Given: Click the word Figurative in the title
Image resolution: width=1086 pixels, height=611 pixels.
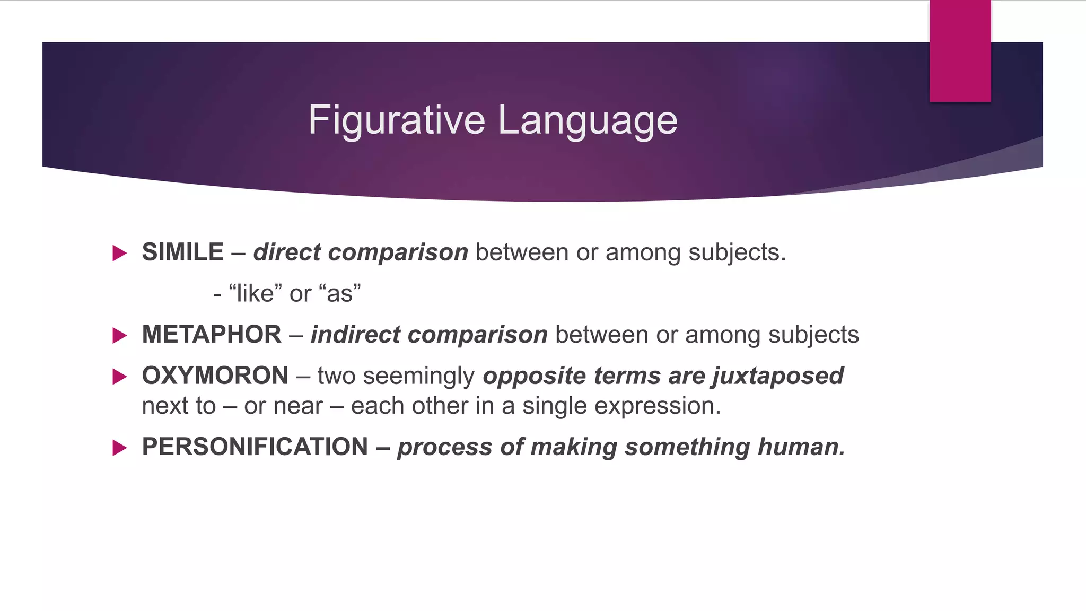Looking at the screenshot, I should (396, 120).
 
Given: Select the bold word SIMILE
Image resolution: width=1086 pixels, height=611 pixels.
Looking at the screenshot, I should (182, 252).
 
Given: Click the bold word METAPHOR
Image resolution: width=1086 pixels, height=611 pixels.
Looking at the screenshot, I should (212, 335).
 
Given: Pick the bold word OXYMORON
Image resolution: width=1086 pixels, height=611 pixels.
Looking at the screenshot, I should (215, 376).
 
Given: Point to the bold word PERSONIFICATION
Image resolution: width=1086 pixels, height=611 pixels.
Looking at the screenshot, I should (255, 447).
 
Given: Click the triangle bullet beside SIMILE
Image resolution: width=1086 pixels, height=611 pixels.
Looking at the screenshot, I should (120, 253).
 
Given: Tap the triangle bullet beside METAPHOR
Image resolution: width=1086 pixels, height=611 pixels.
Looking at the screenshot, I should (120, 335).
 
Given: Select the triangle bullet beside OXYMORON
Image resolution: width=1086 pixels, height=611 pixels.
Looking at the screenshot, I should (120, 377).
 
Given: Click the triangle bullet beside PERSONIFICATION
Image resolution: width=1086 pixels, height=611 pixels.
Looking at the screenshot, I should (120, 448).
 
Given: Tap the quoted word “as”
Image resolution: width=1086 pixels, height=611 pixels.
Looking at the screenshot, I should (340, 293).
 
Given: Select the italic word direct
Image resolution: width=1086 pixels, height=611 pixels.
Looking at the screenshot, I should (287, 252).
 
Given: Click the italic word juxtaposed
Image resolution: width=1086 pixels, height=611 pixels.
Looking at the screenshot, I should (778, 376).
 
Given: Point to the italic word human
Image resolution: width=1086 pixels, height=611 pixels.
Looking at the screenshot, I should (801, 447).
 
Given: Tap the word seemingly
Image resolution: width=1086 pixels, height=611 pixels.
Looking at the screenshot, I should (418, 376).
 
